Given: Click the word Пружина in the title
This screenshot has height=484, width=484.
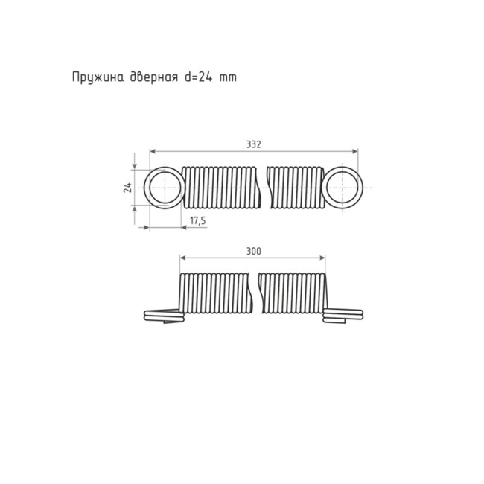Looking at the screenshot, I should [x=95, y=77].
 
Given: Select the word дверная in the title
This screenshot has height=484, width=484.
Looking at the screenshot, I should [x=149, y=77].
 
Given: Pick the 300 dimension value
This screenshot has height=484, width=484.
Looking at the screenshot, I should [x=253, y=252].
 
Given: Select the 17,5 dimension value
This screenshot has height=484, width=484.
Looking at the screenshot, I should [x=197, y=221].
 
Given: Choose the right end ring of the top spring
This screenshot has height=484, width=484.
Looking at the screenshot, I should [x=343, y=187].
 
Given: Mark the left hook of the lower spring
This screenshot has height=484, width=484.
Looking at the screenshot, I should [x=162, y=316].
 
